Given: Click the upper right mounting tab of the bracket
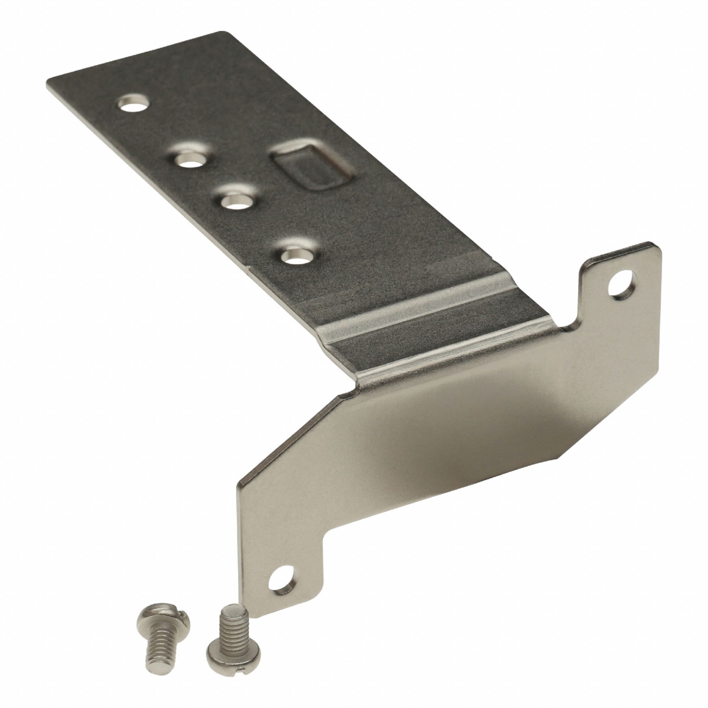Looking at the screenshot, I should click(x=616, y=279).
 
